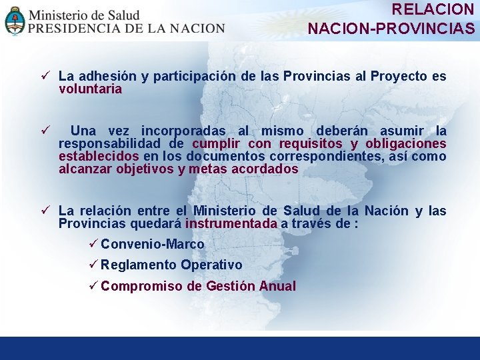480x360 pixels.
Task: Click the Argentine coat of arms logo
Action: (x=14, y=21)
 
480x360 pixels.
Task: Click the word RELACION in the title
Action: (x=433, y=9)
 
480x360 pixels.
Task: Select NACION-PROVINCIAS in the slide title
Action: (x=391, y=29)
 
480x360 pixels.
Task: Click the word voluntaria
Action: (x=90, y=89)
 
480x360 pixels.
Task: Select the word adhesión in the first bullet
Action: (x=98, y=76)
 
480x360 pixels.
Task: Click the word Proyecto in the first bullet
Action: (x=399, y=76)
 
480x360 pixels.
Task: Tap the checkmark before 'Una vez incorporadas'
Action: (x=44, y=131)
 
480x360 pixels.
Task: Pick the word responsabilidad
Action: (x=109, y=143)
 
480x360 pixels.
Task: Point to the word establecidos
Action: (x=99, y=156)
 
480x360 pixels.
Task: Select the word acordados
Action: (x=265, y=169)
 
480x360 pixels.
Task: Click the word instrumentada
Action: (x=231, y=223)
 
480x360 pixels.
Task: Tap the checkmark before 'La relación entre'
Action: (x=44, y=211)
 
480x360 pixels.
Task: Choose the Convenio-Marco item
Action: (x=152, y=244)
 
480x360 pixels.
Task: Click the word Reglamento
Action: (x=139, y=265)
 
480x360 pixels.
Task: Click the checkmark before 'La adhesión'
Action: (x=44, y=76)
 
